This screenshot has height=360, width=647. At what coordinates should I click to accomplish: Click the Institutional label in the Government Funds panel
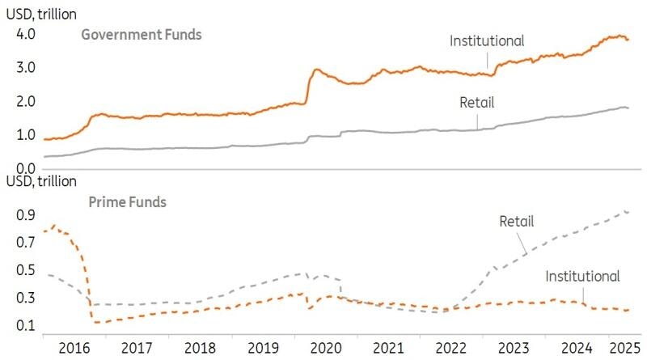point(488,40)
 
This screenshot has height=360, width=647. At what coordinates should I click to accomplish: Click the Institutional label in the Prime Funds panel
point(582,276)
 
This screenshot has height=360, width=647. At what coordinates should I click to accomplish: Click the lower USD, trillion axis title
point(39,181)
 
